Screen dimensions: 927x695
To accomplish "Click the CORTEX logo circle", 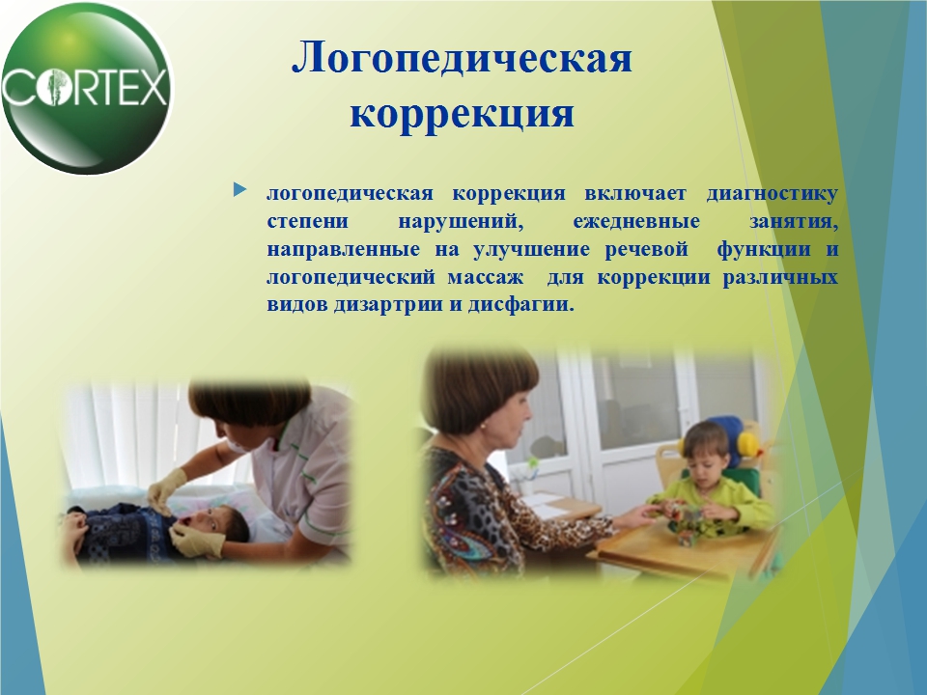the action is [x=86, y=88].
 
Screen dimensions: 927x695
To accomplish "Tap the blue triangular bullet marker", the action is [x=239, y=190].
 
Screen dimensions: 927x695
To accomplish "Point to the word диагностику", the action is [x=772, y=194].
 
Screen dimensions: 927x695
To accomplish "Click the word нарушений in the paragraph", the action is [x=462, y=222].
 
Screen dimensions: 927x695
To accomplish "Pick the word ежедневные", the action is [x=636, y=222].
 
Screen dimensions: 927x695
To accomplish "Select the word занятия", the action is [x=794, y=222].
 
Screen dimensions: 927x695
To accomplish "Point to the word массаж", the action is [x=486, y=277].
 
